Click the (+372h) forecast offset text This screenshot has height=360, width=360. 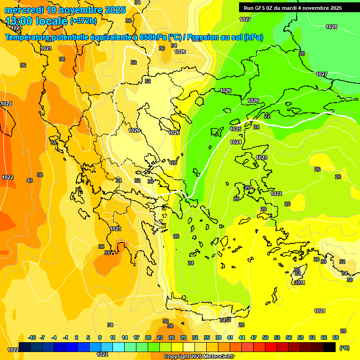pyautogui.click(x=83, y=21)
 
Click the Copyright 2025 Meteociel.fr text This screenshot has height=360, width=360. pyautogui.click(x=199, y=356)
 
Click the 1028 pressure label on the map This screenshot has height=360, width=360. pyautogui.click(x=331, y=27)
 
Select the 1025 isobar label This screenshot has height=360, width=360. pyautogui.click(x=235, y=129)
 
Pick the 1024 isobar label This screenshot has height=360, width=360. pyautogui.click(x=236, y=142)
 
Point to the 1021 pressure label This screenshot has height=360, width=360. pyautogui.click(x=319, y=311)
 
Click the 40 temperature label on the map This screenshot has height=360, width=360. pyautogui.click(x=30, y=180)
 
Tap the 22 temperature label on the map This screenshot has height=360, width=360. pyautogui.click(x=267, y=116)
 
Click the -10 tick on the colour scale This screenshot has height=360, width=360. pyautogui.click(x=32, y=337)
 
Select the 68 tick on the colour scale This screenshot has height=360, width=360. pyautogui.click(x=335, y=337)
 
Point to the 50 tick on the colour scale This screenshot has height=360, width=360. pyautogui.click(x=265, y=337)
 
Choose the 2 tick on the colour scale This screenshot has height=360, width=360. pyautogui.click(x=77, y=337)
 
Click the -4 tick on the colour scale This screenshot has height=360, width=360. pyautogui.click(x=54, y=337)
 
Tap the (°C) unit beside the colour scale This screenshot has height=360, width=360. pyautogui.click(x=345, y=348)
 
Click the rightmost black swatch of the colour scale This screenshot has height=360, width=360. pyautogui.click(x=330, y=347)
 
